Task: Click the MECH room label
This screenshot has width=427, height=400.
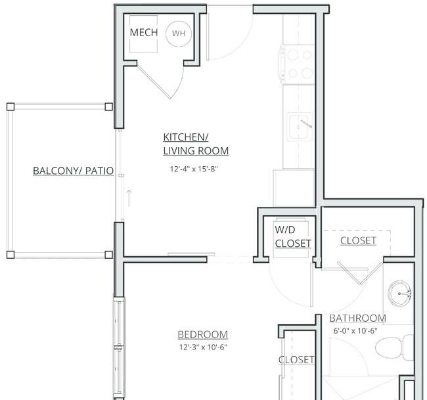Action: [144, 32]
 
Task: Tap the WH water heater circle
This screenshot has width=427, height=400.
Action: [179, 33]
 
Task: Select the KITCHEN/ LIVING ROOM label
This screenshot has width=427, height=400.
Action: [196, 144]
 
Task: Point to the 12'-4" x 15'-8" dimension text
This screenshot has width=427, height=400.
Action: [194, 169]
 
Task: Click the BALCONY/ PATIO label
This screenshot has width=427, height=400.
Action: [74, 171]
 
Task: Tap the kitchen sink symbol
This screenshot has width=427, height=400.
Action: [300, 127]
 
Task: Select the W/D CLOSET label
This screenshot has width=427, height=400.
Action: [293, 236]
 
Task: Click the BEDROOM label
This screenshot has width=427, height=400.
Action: [203, 335]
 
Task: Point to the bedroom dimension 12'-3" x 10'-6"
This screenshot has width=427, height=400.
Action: [203, 347]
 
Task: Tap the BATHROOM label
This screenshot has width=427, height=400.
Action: [358, 319]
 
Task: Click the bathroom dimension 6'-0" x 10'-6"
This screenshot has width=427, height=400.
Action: [355, 331]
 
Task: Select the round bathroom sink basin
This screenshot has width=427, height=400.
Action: [399, 294]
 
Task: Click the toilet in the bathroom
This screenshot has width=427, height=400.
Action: [394, 348]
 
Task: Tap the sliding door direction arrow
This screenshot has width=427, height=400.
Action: [129, 198]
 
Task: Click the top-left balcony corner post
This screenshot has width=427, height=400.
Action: [11, 107]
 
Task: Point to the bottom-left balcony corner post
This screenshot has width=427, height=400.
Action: [11, 255]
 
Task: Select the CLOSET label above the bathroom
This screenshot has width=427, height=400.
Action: [359, 240]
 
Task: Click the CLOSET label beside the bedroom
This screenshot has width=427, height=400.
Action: [296, 360]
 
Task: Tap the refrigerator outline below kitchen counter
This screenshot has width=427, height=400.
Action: [294, 188]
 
